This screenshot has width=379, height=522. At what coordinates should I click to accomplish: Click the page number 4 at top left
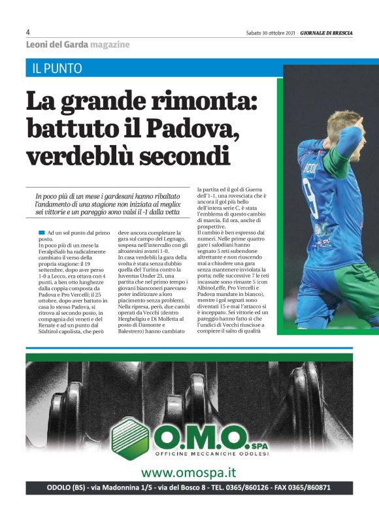(x=28, y=32)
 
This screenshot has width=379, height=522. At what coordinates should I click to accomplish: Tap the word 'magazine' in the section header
(x=110, y=44)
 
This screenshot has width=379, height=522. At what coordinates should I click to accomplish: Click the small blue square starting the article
(x=42, y=232)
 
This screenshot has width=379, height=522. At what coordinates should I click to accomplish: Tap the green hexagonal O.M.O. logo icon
(x=129, y=437)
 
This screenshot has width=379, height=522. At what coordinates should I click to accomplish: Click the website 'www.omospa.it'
(x=189, y=472)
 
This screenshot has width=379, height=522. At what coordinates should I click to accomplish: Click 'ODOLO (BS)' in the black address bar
(x=66, y=487)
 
